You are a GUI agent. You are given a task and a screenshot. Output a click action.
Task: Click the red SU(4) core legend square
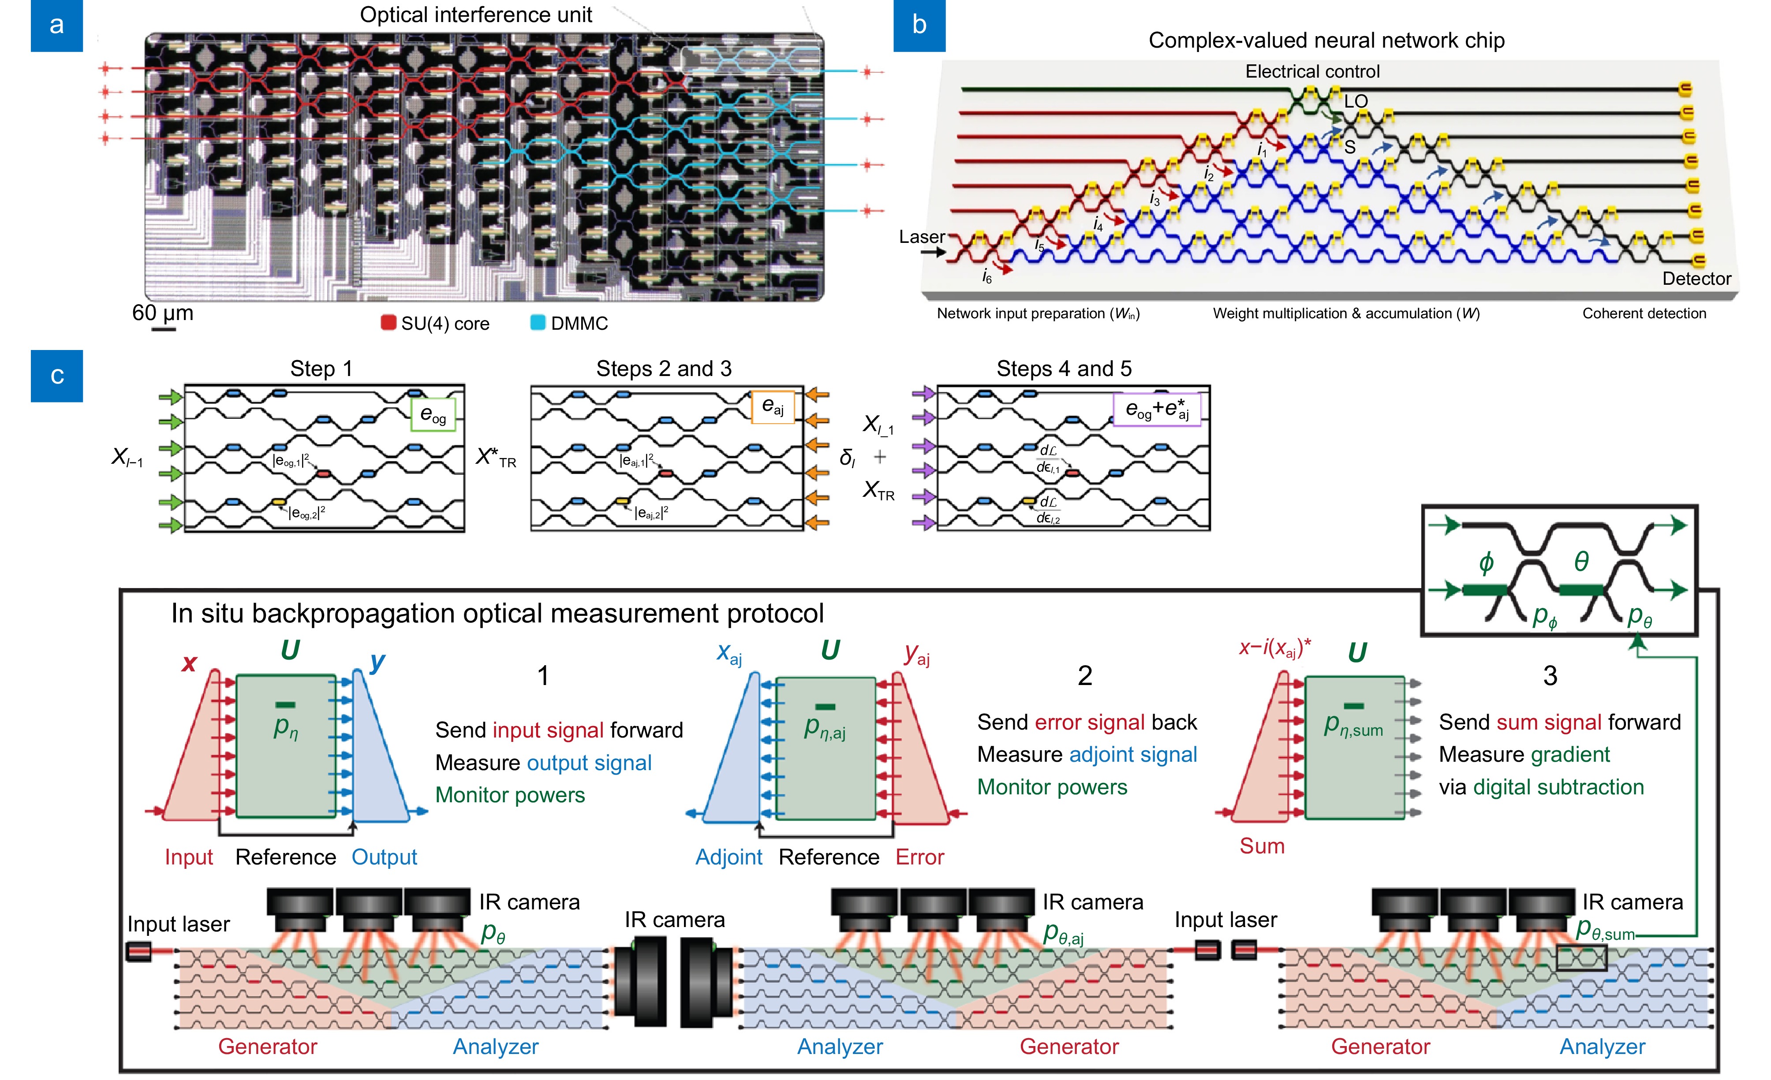(x=388, y=323)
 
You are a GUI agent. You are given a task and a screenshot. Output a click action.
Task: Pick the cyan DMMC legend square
(x=537, y=323)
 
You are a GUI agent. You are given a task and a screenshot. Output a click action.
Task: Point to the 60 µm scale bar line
(x=164, y=329)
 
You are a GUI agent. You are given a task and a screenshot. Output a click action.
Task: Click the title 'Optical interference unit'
(x=476, y=15)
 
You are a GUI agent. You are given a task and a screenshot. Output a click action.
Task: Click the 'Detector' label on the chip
(x=1696, y=279)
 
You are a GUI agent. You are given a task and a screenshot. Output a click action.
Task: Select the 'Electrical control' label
(x=1312, y=71)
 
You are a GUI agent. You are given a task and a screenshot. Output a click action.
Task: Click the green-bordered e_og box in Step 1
(x=433, y=415)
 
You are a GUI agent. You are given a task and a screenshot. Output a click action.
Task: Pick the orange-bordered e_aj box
(x=773, y=407)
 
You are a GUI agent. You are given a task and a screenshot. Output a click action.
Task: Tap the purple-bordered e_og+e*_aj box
(x=1156, y=409)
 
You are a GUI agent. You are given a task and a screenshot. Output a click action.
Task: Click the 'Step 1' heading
(x=321, y=369)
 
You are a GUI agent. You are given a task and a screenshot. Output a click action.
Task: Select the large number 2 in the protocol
(x=1084, y=675)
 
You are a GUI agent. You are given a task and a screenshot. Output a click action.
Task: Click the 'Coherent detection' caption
(x=1644, y=313)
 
